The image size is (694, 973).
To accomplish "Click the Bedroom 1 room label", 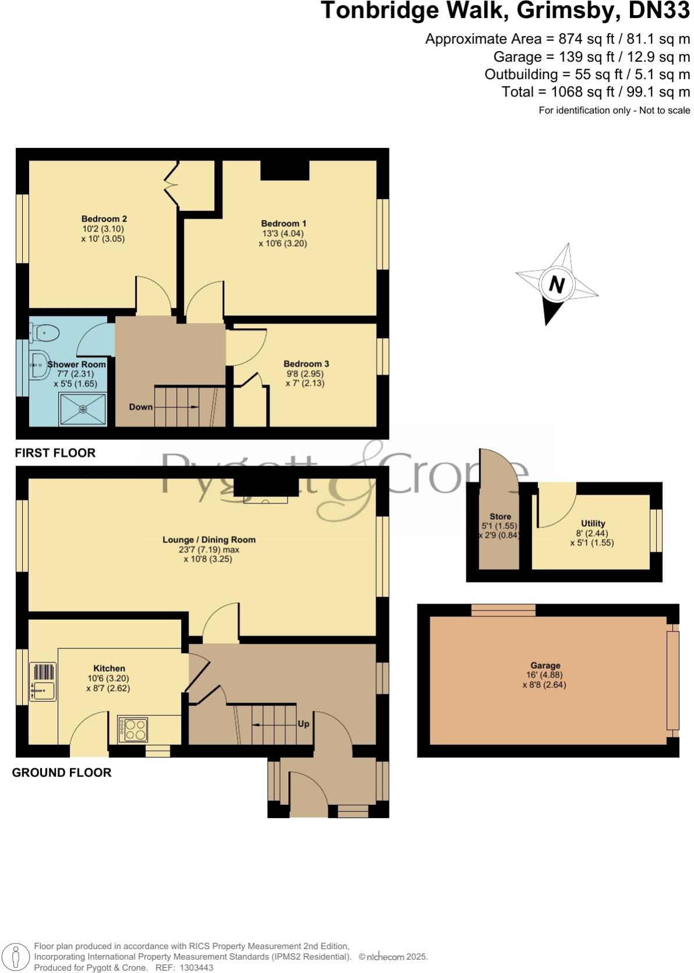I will tap(284, 223).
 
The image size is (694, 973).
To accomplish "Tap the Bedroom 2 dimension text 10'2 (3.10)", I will tap(103, 229).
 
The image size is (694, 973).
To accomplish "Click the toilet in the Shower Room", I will tap(45, 333).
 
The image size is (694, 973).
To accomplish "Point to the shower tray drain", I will tap(83, 409).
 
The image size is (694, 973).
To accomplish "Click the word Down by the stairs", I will tap(140, 407).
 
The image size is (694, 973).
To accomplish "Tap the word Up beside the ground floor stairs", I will tap(303, 724).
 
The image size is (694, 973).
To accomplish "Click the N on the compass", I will tap(557, 285).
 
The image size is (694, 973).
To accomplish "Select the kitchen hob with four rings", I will tap(133, 729).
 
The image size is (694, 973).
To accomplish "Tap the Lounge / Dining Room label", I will tap(209, 539).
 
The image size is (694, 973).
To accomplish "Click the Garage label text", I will tap(545, 665).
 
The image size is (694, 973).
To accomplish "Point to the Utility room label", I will tap(593, 523).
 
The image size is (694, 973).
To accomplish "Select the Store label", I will tap(500, 516).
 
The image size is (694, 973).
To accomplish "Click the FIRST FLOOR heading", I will tap(55, 453).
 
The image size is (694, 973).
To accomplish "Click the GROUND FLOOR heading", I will tap(62, 772).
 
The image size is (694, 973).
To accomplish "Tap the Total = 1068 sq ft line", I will tap(596, 92).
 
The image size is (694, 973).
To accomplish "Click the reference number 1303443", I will tap(197, 968).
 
